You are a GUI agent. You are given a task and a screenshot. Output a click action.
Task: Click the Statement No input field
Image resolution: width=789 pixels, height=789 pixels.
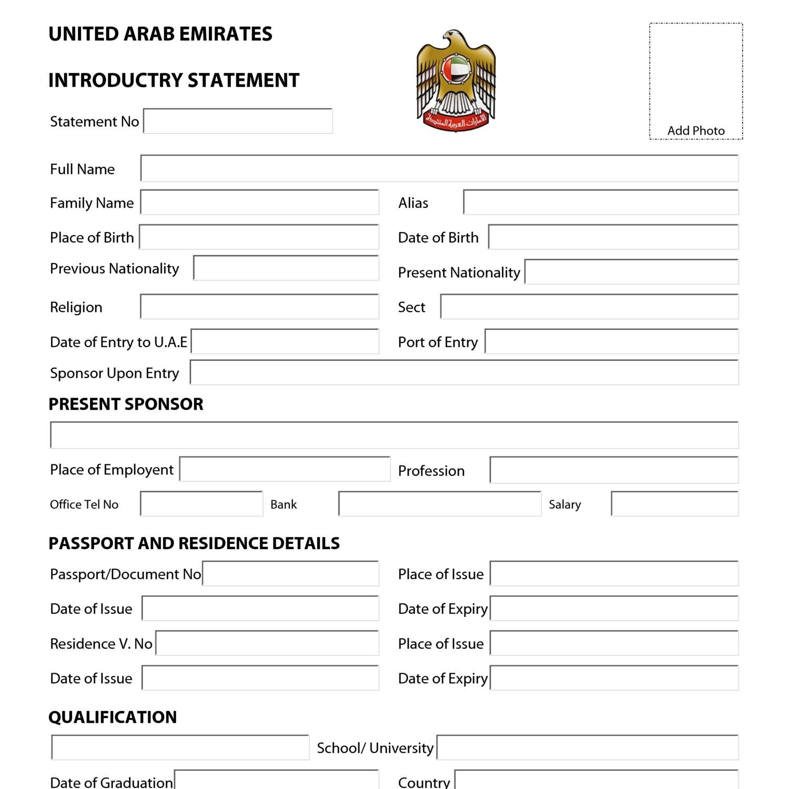[x=238, y=121]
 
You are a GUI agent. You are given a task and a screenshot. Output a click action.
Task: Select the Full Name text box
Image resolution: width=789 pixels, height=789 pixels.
[x=439, y=168]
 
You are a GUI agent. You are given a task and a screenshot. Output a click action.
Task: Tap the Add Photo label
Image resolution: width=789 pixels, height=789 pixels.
[x=696, y=130]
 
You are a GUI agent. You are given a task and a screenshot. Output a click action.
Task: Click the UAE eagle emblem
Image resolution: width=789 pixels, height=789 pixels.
[x=456, y=80]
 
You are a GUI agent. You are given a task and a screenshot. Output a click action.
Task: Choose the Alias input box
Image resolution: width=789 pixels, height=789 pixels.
[x=601, y=203]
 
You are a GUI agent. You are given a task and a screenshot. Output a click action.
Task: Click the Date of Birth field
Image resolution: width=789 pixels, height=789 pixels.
[x=613, y=237]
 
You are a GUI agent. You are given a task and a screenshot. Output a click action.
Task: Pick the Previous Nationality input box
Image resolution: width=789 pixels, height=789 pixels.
[x=286, y=268]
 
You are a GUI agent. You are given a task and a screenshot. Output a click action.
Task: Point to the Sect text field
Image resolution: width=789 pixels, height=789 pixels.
[x=589, y=307]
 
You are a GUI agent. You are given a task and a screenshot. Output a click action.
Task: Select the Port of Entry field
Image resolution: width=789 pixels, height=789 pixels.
[x=611, y=342]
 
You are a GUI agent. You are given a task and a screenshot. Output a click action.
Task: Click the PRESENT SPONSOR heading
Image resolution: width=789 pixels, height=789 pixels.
[x=126, y=404]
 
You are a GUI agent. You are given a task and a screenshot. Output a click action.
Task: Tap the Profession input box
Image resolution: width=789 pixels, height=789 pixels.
[x=614, y=470]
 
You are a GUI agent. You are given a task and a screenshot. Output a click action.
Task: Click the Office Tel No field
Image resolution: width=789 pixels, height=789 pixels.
[x=201, y=504]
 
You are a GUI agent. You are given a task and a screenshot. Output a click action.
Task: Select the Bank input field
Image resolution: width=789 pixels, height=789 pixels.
[x=440, y=504]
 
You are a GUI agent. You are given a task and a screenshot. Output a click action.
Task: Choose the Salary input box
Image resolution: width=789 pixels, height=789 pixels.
[x=674, y=504]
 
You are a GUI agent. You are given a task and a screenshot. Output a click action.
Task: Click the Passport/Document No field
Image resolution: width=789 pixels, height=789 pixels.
[x=290, y=574]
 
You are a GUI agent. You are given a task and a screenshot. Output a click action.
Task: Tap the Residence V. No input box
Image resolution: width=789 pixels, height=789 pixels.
[x=267, y=643]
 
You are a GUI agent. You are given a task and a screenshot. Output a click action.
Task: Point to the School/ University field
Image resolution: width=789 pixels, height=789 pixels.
[x=588, y=747]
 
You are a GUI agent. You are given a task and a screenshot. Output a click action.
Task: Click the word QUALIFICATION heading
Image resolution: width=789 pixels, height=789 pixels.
[x=113, y=717]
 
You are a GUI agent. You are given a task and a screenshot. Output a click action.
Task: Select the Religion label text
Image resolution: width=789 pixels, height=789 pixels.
[x=76, y=307]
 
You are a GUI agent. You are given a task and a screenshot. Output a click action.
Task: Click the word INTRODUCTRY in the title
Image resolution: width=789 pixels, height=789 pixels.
[x=115, y=80]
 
